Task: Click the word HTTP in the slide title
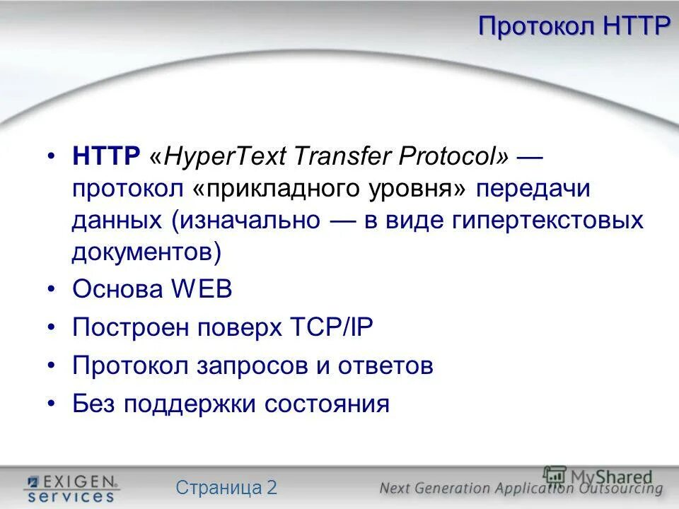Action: coord(637,26)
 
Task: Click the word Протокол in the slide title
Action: coord(538,26)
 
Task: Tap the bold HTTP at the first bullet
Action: coord(106,156)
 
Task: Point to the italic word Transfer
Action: coord(344,156)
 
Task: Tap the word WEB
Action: coord(201,290)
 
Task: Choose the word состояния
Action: coord(327,404)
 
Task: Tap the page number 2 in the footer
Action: coord(272,487)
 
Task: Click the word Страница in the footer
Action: coord(217,487)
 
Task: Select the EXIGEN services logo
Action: coord(71,488)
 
